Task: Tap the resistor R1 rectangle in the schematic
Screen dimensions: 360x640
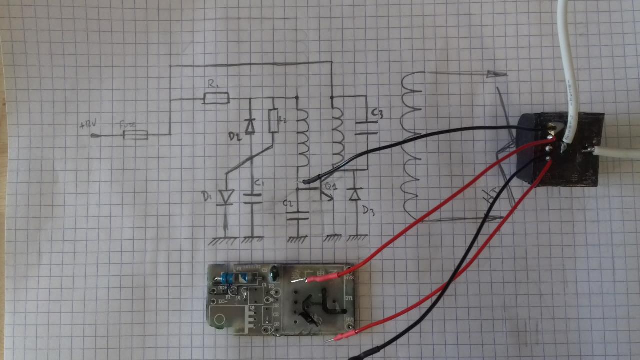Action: coord(216,98)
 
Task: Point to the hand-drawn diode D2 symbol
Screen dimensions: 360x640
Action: coord(250,126)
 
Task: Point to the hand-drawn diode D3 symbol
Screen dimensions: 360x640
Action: coord(355,193)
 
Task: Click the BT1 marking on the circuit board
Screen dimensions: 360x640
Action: coord(349,298)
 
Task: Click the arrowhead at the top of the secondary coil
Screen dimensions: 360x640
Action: coord(496,74)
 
